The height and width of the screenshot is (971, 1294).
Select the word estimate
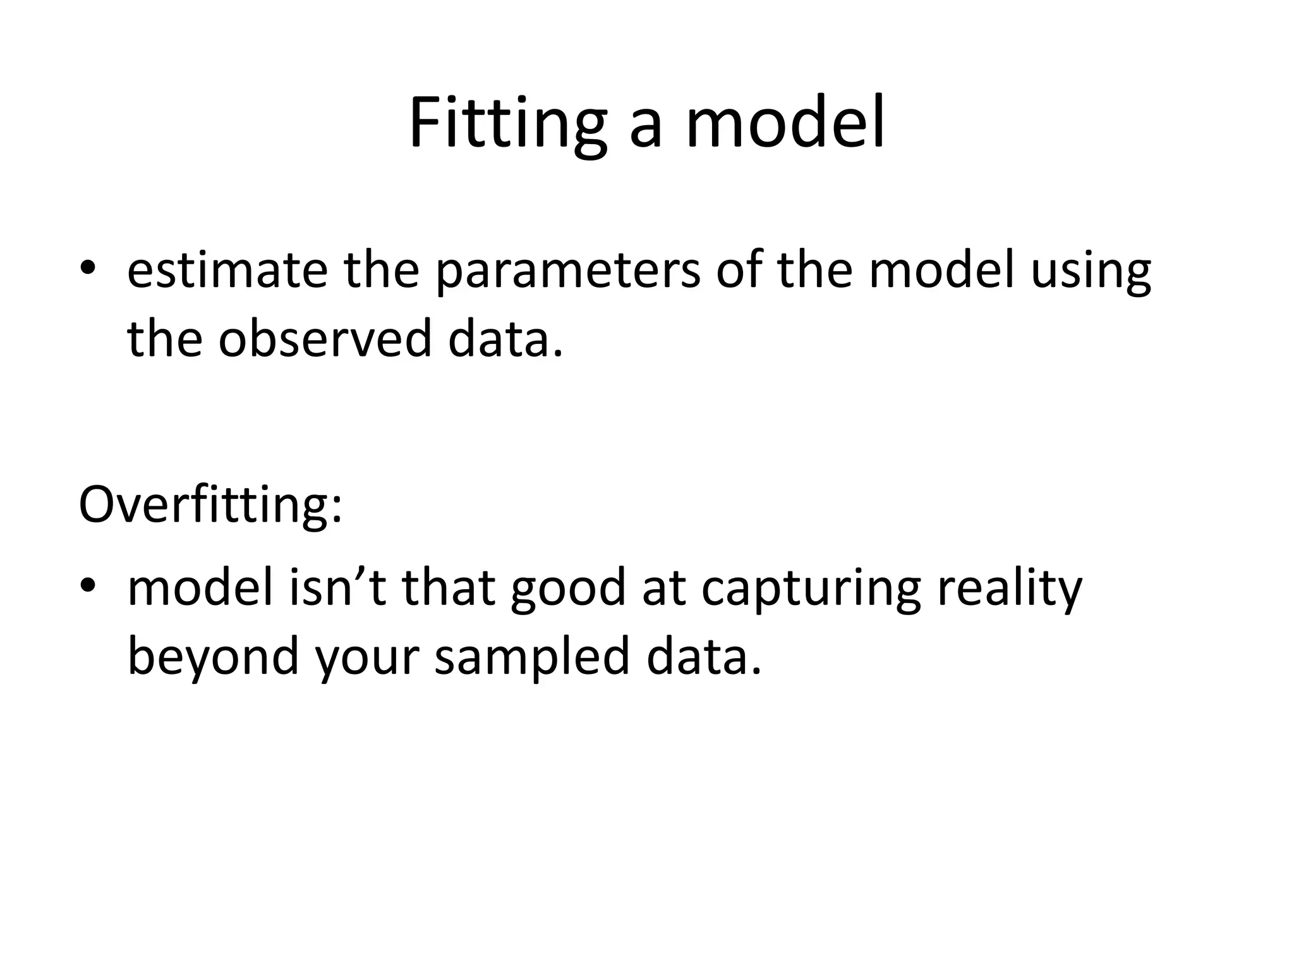(x=227, y=271)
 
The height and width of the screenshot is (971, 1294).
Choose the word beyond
(x=213, y=656)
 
